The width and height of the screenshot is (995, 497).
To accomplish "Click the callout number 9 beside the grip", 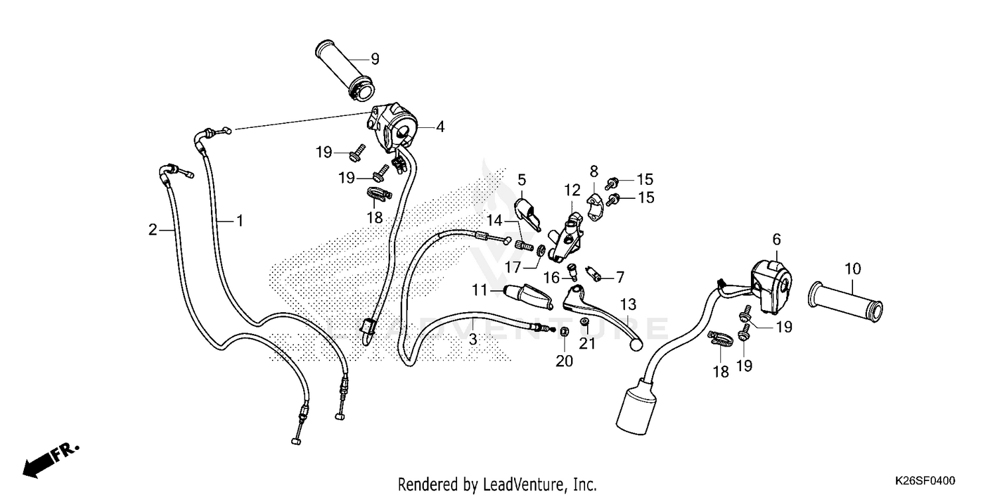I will [374, 59].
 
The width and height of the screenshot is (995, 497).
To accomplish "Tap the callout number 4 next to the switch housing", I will [440, 126].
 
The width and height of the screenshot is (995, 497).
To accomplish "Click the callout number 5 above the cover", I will [521, 179].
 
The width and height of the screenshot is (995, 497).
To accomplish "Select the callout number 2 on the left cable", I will [153, 230].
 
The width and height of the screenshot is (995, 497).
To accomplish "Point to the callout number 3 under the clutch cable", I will [472, 339].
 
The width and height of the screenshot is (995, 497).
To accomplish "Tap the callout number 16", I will [551, 277].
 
